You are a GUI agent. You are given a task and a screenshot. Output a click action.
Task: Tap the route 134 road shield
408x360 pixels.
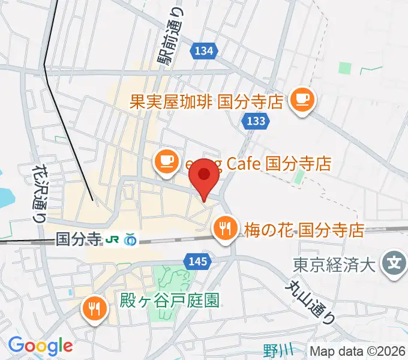click(204, 52)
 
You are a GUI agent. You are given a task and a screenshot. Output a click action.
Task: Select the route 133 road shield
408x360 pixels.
click(255, 122)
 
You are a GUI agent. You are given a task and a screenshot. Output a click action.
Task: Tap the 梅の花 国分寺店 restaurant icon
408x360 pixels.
click(226, 227)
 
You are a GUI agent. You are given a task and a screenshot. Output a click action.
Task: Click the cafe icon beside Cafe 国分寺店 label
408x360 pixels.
click(166, 161)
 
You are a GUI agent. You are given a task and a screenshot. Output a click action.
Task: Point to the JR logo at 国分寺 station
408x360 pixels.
click(112, 239)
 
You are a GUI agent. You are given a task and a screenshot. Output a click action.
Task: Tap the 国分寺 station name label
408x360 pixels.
click(78, 239)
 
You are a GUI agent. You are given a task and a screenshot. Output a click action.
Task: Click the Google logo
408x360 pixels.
click(40, 346)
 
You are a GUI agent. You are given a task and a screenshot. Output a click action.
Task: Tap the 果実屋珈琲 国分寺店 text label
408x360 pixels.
click(207, 101)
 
